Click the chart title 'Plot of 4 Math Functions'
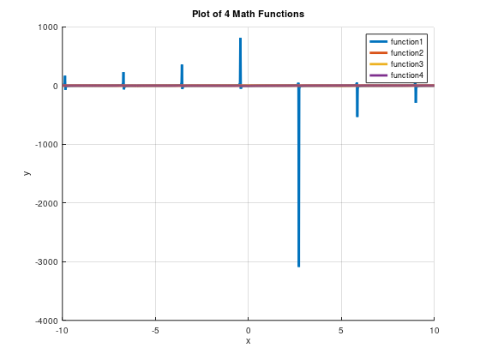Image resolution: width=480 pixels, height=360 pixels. [247, 14]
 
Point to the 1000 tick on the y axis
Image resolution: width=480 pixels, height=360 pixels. [47, 27]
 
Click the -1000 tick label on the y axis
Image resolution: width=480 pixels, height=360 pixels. [45, 145]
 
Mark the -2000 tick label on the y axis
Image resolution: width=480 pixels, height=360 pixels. [45, 203]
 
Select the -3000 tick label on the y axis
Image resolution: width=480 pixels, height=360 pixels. [45, 262]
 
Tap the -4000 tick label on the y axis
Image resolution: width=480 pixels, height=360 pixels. [45, 321]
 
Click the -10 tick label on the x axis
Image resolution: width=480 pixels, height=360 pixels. [62, 330]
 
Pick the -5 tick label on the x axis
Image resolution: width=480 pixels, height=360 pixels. [155, 330]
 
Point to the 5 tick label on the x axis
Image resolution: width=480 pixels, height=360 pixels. [341, 330]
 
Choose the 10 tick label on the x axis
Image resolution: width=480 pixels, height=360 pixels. [434, 330]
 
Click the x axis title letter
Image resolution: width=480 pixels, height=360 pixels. [248, 341]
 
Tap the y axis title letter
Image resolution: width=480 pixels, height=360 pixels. [27, 174]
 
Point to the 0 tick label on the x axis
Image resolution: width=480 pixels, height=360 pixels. [248, 330]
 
